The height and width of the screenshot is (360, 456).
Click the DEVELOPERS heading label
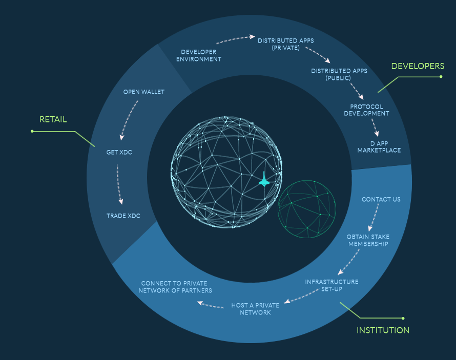coord(418,66)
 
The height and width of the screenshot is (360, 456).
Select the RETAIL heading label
coord(53,120)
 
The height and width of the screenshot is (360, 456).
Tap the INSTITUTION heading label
coord(383,330)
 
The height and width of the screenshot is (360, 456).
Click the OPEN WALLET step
coord(144,92)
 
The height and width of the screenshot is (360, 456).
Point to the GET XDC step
coord(119,152)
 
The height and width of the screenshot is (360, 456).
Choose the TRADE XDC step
coord(123,216)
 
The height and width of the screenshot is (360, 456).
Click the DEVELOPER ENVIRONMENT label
coord(199,55)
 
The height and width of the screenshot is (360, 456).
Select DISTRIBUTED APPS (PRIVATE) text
coord(285,44)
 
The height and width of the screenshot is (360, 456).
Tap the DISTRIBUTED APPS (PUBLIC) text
coord(339,74)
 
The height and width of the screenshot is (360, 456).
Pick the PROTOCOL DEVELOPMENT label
coord(366,110)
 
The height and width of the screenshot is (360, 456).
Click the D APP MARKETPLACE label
coord(379,147)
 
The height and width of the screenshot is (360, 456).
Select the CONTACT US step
coord(381,199)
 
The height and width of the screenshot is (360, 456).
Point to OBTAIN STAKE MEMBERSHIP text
coord(368,240)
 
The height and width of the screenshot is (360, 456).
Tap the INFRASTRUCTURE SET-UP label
coord(331,285)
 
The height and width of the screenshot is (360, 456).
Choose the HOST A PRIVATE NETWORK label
coord(255,309)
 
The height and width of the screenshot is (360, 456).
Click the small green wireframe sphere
coord(307,209)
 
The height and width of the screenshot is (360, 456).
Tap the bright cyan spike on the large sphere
coord(264,179)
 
